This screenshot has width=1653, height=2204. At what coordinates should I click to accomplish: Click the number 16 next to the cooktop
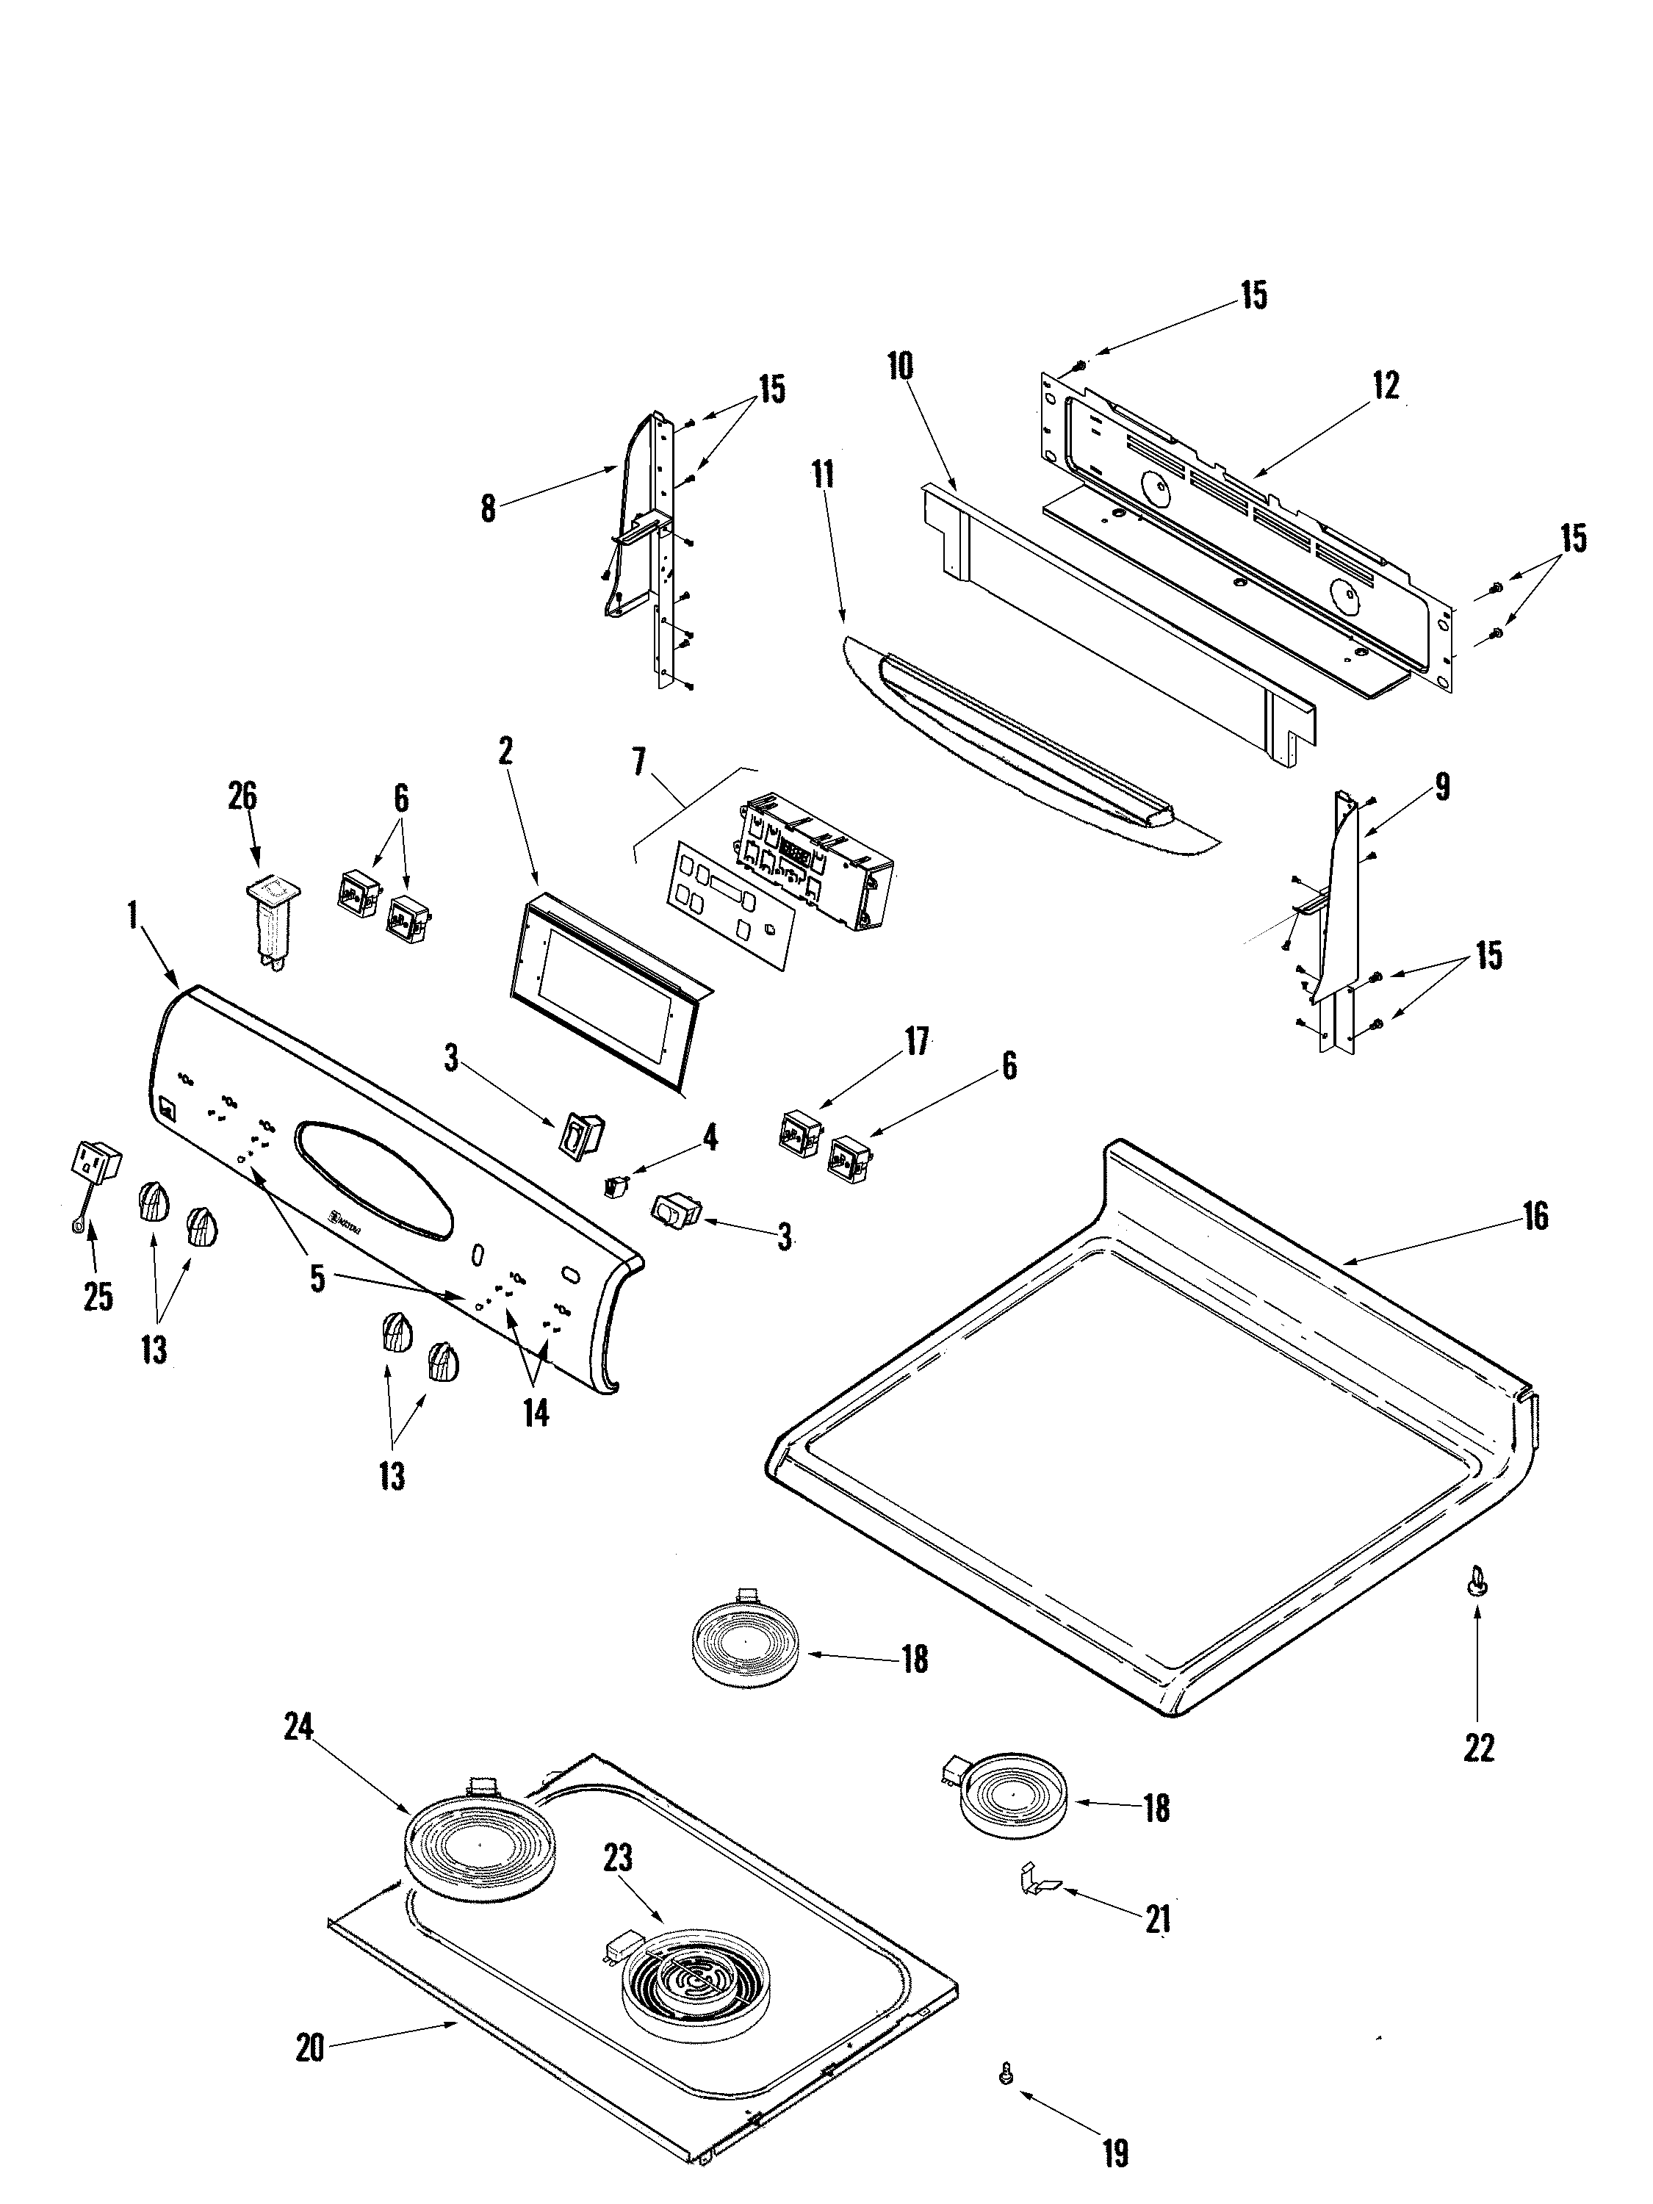(1535, 1216)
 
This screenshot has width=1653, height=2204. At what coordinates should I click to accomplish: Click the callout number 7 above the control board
(638, 763)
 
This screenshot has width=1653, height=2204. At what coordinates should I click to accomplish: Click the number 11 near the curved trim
(822, 475)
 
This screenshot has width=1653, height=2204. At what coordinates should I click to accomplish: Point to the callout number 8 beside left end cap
(487, 508)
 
